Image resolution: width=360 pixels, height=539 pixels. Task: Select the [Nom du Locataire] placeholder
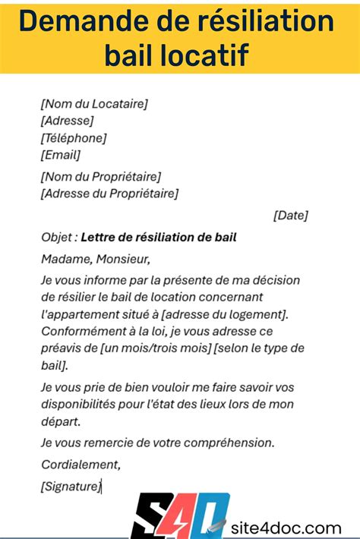94,104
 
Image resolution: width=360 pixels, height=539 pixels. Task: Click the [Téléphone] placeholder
74,137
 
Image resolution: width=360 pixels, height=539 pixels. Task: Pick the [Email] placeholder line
61,155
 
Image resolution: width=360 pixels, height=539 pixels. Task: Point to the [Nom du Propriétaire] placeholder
101,177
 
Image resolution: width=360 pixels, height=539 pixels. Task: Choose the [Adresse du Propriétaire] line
110,194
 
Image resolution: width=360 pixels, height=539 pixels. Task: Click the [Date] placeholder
290,216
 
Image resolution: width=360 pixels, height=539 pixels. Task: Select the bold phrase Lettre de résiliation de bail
158,238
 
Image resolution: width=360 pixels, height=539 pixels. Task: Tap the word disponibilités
84,404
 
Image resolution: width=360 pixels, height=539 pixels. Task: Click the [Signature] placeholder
71,487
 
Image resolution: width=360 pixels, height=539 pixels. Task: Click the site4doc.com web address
287,528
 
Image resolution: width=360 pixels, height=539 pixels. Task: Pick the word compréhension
234,443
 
